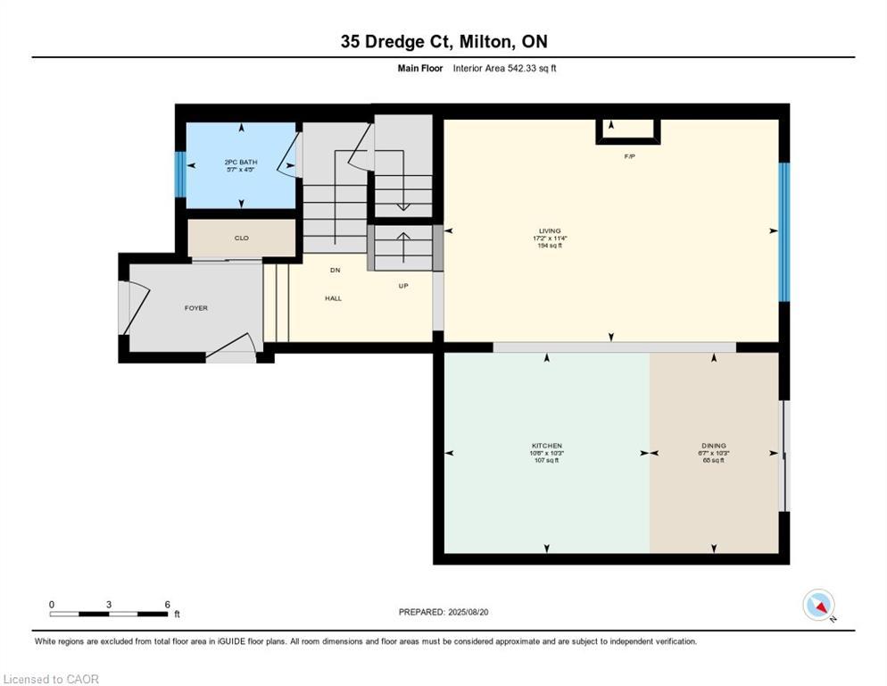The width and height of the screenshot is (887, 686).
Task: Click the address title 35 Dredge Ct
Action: (443, 41)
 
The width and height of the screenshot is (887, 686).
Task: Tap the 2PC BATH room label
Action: (240, 162)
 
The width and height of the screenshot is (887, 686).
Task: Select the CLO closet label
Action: (241, 238)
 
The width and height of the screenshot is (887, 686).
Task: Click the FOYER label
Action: (195, 308)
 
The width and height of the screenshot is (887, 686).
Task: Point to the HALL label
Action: (333, 298)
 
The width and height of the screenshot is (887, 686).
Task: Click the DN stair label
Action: (335, 270)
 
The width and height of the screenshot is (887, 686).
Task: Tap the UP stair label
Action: (403, 286)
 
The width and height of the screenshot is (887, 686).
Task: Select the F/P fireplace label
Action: (629, 156)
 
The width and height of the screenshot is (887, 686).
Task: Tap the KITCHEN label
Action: (546, 446)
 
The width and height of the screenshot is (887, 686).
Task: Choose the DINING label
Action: (713, 446)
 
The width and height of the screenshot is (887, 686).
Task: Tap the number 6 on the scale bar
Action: (167, 605)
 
